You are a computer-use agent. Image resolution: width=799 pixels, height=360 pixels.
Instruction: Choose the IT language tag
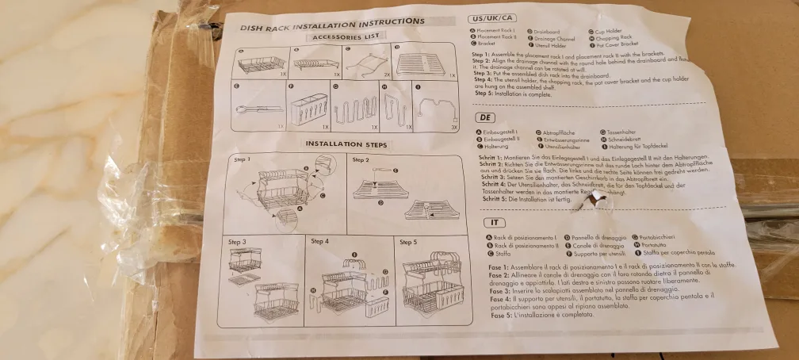[495, 223]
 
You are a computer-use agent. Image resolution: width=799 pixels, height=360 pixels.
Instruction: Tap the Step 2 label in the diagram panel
[361, 160]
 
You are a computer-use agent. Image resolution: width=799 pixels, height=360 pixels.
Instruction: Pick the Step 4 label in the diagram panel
[320, 241]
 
